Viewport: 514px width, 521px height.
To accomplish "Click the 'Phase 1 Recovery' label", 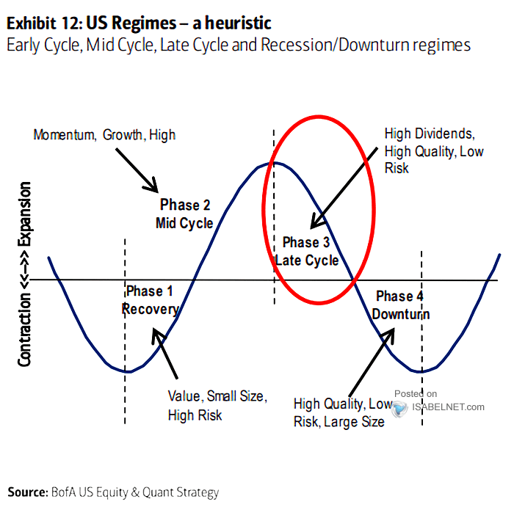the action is [x=151, y=300].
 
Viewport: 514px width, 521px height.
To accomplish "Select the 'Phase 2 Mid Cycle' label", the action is [x=184, y=214].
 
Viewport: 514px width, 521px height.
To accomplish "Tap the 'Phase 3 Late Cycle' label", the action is [x=307, y=251].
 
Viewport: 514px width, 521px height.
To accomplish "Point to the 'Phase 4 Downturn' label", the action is [x=401, y=305].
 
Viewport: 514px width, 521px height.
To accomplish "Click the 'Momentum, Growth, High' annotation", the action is [x=104, y=135].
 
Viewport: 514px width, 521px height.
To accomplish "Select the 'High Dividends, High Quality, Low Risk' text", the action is [x=434, y=150].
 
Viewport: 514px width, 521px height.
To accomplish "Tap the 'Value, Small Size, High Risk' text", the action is [x=217, y=405].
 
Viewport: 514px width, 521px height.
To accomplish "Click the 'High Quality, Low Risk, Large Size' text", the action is [x=343, y=412].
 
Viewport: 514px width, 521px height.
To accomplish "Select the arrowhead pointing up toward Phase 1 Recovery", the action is [x=156, y=334].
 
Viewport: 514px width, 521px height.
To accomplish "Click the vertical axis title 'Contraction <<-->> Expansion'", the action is [x=24, y=274].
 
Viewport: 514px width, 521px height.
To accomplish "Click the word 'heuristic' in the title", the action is [x=238, y=23].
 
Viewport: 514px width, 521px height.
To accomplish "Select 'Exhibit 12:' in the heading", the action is [x=45, y=23].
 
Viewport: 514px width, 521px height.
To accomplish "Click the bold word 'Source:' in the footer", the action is [x=28, y=492].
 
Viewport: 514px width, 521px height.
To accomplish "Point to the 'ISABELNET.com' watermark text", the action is [x=448, y=407].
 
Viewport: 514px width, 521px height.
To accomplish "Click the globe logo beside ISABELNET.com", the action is [x=399, y=408].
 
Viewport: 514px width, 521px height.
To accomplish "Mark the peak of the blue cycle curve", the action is [x=273, y=162].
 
